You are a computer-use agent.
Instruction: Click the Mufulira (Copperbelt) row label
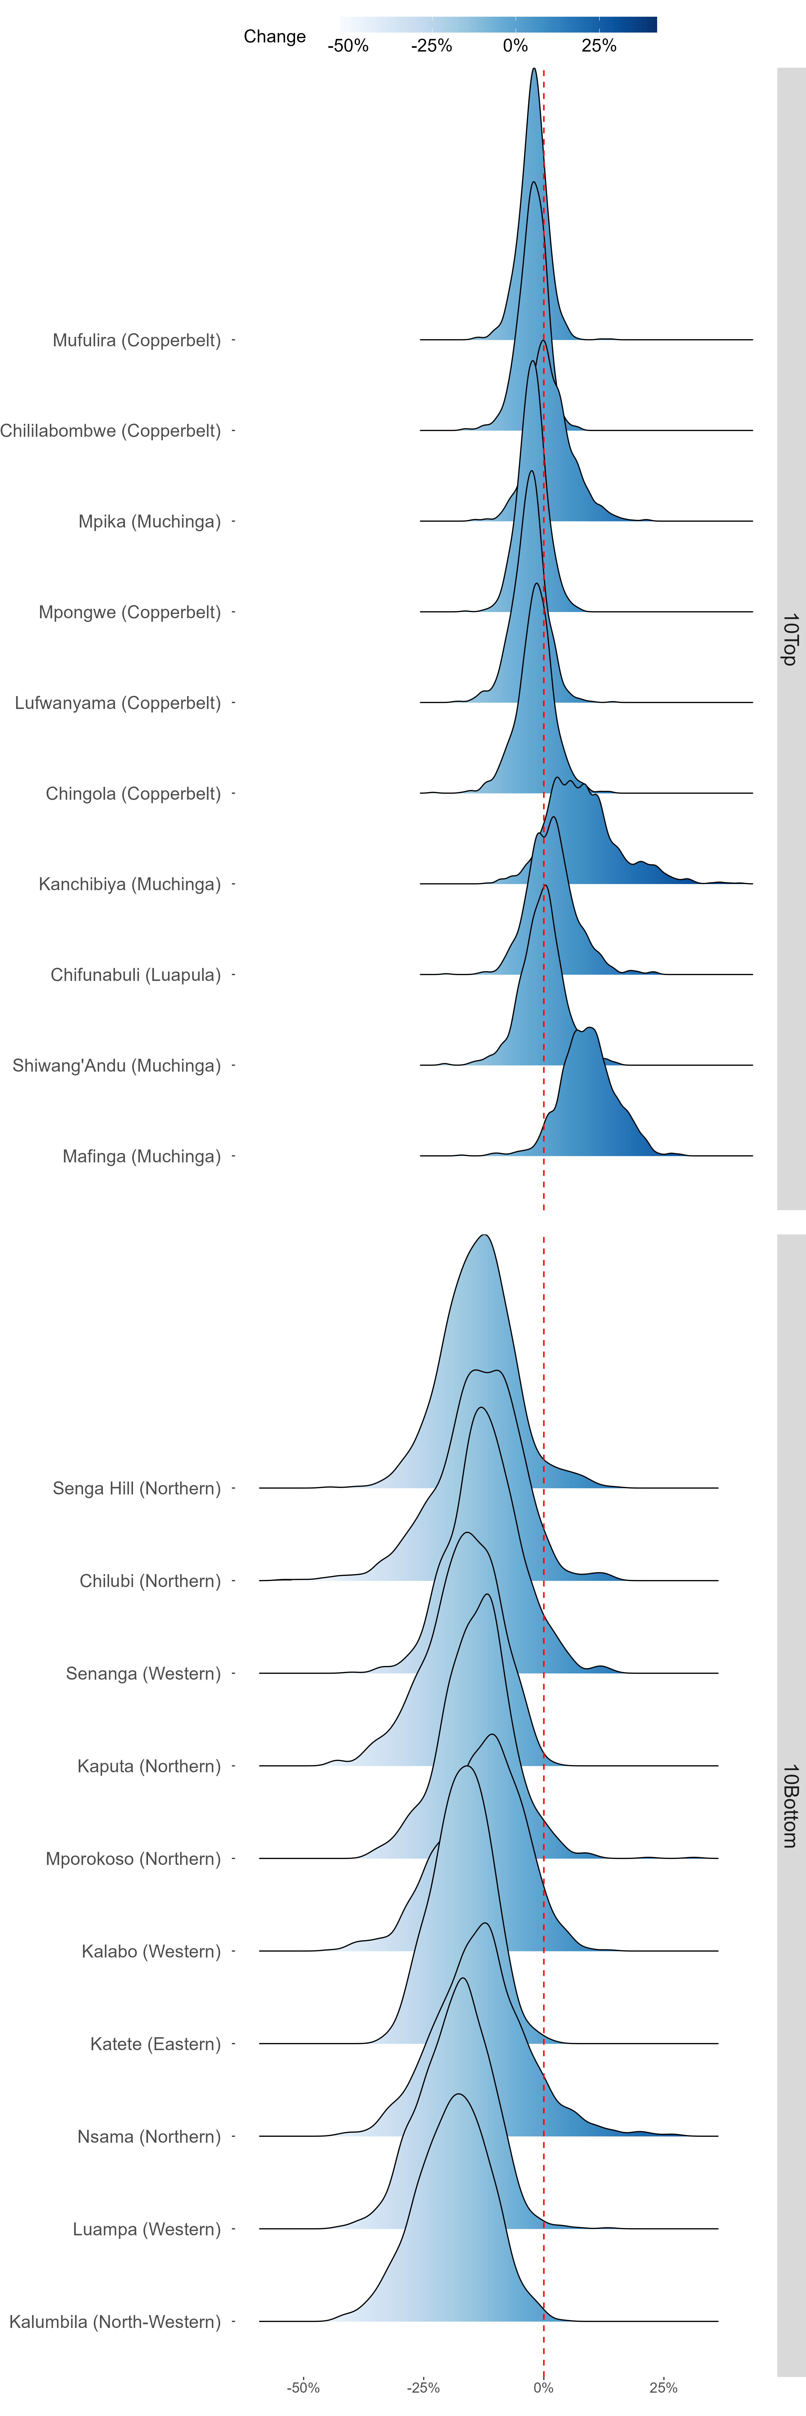pos(137,340)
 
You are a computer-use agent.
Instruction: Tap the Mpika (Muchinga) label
pos(149,522)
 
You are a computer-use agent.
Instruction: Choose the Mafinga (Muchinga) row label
pos(142,1156)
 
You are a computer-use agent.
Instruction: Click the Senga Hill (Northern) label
pos(137,1489)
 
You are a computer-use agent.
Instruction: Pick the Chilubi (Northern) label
pos(150,1581)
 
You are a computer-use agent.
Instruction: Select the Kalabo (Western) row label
pos(151,1952)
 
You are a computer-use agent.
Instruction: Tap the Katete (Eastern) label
pos(156,2044)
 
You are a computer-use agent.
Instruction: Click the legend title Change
pos(275,37)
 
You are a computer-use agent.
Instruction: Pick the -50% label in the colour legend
pos(348,46)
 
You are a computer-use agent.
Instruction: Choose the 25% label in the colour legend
pos(599,46)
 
